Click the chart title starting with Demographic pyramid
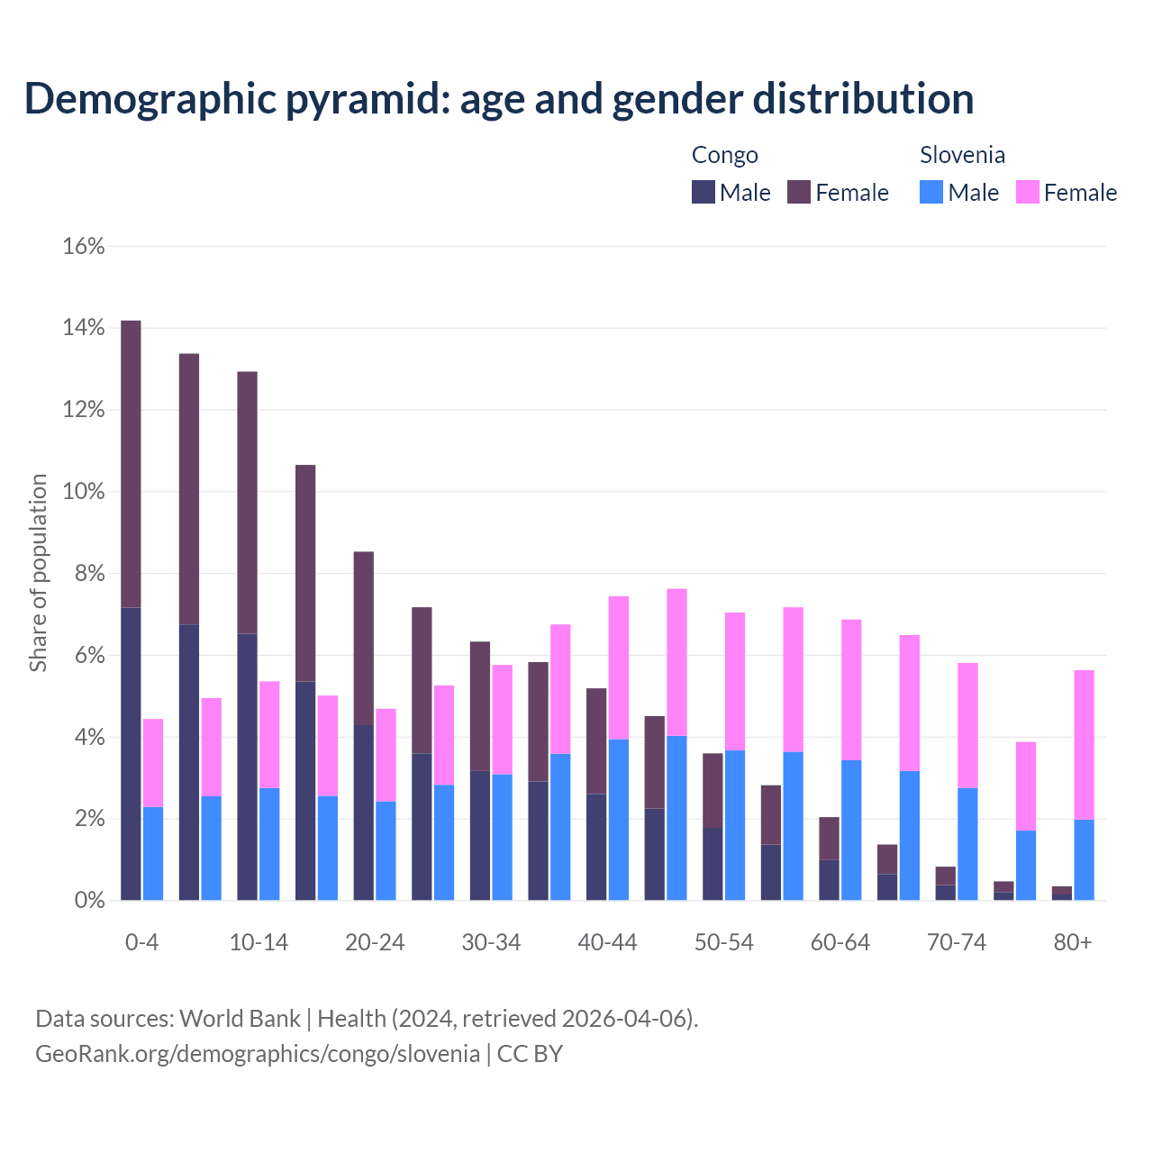coord(498,98)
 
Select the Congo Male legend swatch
coord(704,192)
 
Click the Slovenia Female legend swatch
coord(1027,192)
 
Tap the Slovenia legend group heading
coord(962,155)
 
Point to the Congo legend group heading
coord(724,155)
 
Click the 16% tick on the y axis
coord(84,246)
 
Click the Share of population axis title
coord(39,573)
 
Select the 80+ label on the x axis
coord(1072,942)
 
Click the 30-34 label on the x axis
coord(491,942)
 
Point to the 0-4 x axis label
coord(142,942)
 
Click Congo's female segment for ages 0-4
coord(131,464)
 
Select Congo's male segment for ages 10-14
coord(247,766)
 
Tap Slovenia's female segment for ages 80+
coord(1084,744)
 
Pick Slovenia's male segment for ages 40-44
coord(619,820)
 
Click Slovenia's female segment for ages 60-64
coord(851,689)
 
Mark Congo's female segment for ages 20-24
coord(363,638)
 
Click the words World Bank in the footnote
coord(240,1019)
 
